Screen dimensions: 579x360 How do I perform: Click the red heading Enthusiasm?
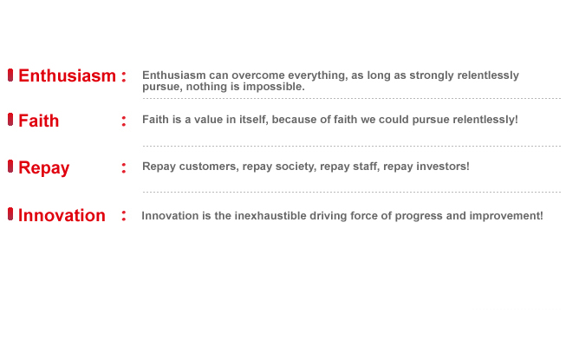[68, 75]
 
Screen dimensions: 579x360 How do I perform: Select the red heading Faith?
[39, 121]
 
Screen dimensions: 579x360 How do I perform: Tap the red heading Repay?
[44, 168]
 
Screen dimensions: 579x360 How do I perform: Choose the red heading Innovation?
[62, 215]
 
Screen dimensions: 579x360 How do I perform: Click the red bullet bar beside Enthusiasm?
[10, 75]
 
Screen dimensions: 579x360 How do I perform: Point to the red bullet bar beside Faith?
[10, 120]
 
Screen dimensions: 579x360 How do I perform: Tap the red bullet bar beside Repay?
[10, 167]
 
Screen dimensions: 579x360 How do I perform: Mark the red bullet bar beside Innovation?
[10, 214]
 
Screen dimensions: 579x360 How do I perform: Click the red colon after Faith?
[124, 121]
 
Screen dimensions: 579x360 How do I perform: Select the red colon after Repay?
[124, 168]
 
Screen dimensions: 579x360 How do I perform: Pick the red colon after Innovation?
[124, 215]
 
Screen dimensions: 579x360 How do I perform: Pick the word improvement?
[506, 216]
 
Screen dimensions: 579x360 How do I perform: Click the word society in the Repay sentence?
[296, 167]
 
